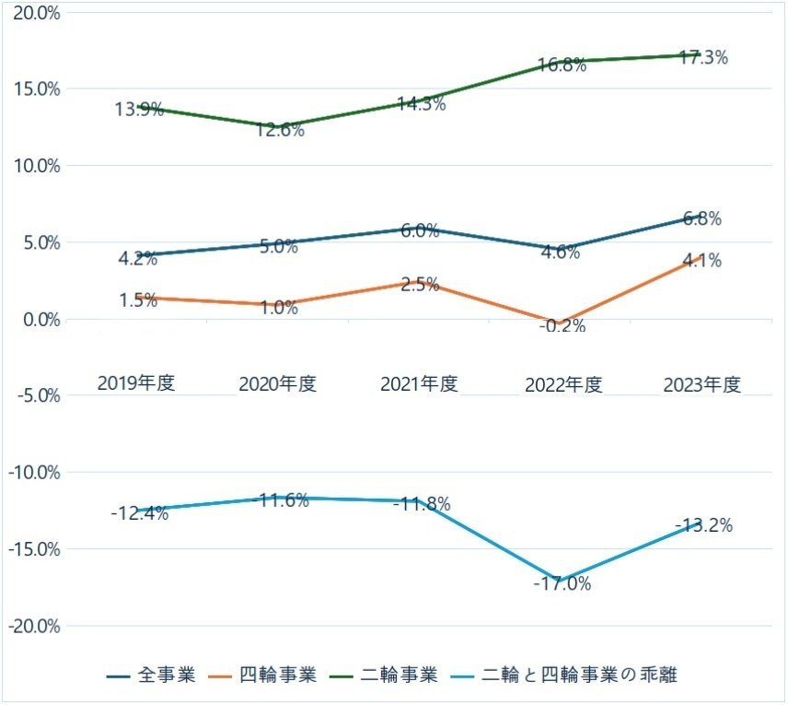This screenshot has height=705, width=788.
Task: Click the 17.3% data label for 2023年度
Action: pyautogui.click(x=703, y=57)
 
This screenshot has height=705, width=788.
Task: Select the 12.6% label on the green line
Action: pyautogui.click(x=280, y=130)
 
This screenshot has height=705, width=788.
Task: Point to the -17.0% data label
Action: pyautogui.click(x=562, y=583)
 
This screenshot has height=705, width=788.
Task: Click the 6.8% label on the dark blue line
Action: pyautogui.click(x=701, y=219)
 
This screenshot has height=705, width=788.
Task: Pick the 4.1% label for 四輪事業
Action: pyautogui.click(x=701, y=261)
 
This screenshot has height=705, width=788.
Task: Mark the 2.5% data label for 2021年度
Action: pyautogui.click(x=420, y=284)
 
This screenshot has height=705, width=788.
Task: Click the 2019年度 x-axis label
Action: pyautogui.click(x=136, y=383)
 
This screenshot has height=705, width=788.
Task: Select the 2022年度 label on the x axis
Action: pyautogui.click(x=562, y=384)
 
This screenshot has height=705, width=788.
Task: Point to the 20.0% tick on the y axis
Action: pyautogui.click(x=36, y=13)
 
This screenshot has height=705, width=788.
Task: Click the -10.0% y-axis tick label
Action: pyautogui.click(x=34, y=472)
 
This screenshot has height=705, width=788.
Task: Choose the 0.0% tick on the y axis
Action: pyautogui.click(x=40, y=319)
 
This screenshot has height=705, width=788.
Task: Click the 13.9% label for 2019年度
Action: pyautogui.click(x=139, y=109)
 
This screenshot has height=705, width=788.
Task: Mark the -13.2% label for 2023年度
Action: pyautogui.click(x=703, y=526)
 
